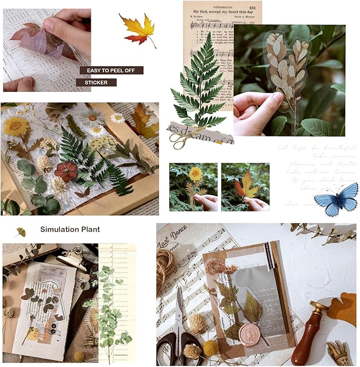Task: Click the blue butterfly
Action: pyautogui.click(x=336, y=199)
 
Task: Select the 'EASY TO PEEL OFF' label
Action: pyautogui.click(x=111, y=70)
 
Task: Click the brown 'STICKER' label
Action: pyautogui.click(x=96, y=83)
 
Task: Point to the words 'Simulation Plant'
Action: pyautogui.click(x=70, y=230)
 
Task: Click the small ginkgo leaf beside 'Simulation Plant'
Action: pyautogui.click(x=21, y=231)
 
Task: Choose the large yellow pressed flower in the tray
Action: pyautogui.click(x=16, y=126)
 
